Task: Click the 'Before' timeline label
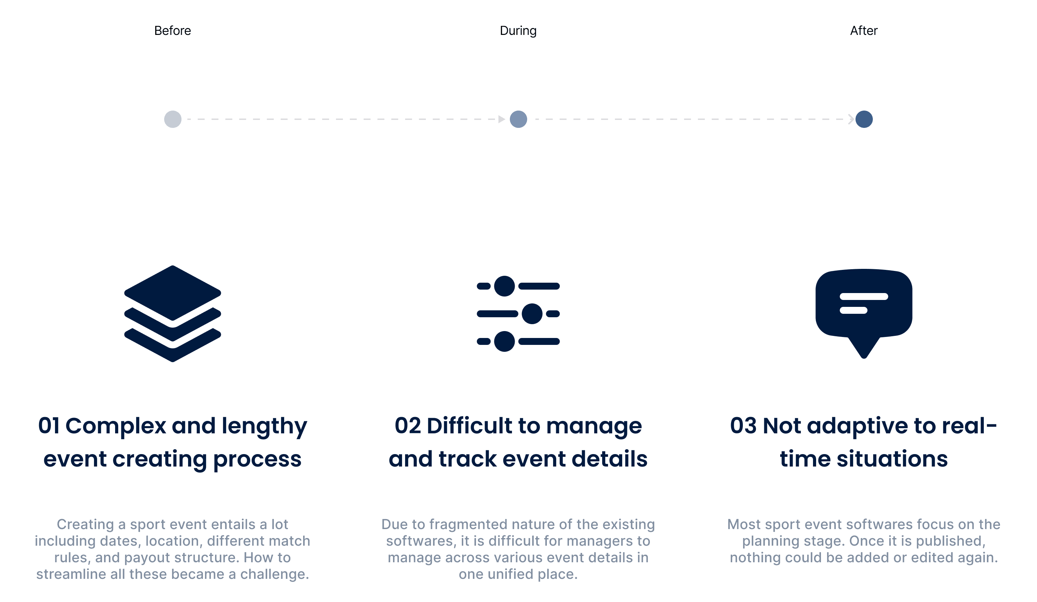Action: [172, 31]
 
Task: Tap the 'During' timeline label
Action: [518, 31]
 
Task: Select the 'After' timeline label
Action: [864, 31]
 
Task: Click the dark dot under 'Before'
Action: [173, 119]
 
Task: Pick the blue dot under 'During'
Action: [518, 119]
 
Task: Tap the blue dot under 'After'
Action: [864, 119]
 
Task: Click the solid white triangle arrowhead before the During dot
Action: [501, 119]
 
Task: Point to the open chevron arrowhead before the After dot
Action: [851, 119]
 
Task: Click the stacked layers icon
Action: [173, 313]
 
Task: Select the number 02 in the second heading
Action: [408, 425]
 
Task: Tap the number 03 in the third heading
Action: [743, 425]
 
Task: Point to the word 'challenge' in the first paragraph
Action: [274, 574]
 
